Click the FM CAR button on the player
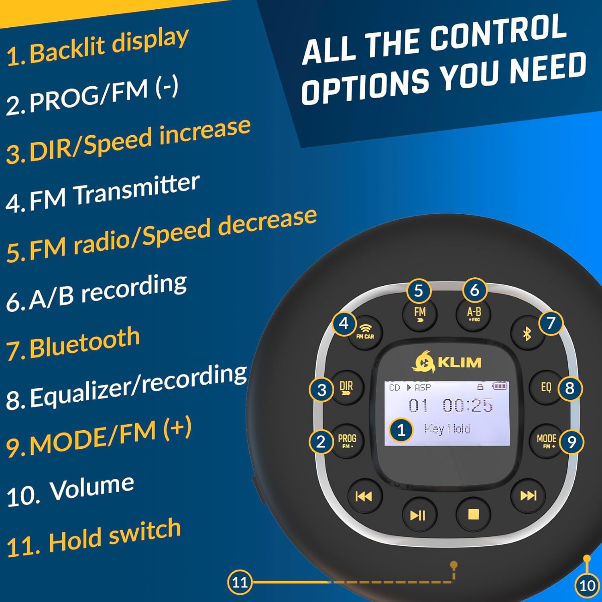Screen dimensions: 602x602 point(365,332)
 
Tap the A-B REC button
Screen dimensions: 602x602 point(474,314)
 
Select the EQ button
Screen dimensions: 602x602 point(546,387)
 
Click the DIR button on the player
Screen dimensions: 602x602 point(346,387)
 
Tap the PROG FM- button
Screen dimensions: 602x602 point(347,441)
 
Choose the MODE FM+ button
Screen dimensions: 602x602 point(547,441)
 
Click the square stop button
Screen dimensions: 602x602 point(474,515)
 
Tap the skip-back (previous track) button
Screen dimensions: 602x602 point(364,496)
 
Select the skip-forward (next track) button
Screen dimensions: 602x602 point(528,496)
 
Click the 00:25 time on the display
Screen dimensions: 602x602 point(468,405)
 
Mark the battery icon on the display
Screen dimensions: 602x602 point(500,386)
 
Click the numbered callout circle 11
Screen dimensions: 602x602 point(240,582)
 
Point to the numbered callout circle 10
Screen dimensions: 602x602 point(587,586)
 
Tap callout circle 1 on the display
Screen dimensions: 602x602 point(401,430)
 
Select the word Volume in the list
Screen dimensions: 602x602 point(92,488)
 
